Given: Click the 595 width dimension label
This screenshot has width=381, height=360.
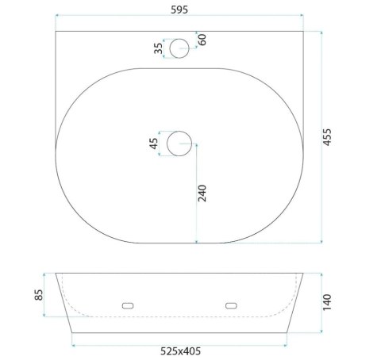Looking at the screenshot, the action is [x=179, y=10].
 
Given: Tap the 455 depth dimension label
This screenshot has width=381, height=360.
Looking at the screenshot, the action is [x=327, y=137].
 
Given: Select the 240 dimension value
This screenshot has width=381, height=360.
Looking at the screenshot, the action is [x=202, y=193].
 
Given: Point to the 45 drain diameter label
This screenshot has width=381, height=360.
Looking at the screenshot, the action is [x=154, y=144].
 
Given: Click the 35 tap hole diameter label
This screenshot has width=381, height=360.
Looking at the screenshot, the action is [x=158, y=48].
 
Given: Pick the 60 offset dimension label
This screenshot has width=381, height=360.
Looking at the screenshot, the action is [x=202, y=40].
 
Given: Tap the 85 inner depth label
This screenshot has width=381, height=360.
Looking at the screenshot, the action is [x=39, y=295].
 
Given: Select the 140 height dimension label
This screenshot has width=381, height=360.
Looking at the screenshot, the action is [x=327, y=302].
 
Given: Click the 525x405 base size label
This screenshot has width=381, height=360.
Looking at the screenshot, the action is [x=180, y=351].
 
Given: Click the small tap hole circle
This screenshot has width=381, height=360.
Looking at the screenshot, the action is [x=179, y=39].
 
